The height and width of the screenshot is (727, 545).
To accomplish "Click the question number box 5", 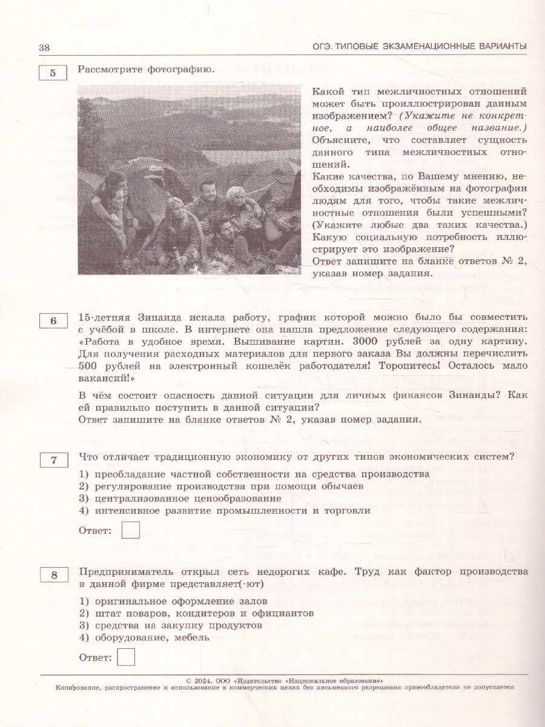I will pyautogui.click(x=53, y=73).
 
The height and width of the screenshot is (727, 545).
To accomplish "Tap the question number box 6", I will pyautogui.click(x=53, y=321).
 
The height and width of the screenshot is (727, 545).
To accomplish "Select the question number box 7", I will pyautogui.click(x=53, y=461).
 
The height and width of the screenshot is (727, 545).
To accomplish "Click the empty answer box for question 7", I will pyautogui.click(x=130, y=531).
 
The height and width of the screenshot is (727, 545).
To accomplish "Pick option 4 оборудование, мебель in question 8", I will pyautogui.click(x=145, y=637).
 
